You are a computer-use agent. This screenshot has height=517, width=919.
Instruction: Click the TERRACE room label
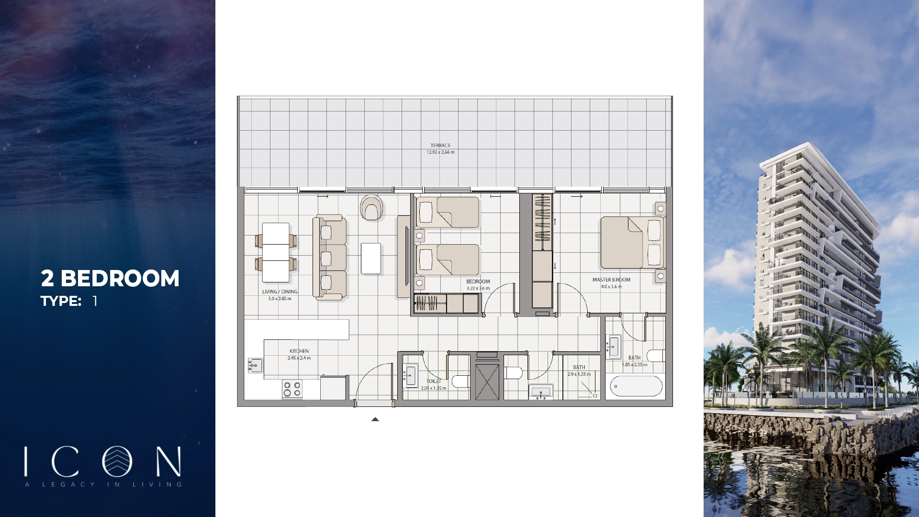click(x=440, y=145)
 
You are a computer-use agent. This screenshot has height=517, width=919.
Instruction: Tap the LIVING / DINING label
click(x=280, y=292)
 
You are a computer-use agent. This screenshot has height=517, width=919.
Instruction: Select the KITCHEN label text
click(x=299, y=351)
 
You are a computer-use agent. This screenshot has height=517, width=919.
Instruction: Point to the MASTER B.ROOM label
click(x=611, y=280)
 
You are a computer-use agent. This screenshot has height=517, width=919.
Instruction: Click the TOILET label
click(x=434, y=382)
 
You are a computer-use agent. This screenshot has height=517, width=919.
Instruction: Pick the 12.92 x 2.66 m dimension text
click(x=440, y=152)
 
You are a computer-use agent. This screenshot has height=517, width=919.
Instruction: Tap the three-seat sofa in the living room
click(x=330, y=257)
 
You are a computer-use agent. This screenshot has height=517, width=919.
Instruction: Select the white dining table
click(x=276, y=252)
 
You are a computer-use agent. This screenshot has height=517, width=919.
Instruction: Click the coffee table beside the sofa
click(x=371, y=258)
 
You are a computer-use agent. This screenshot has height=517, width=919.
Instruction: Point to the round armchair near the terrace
click(x=371, y=208)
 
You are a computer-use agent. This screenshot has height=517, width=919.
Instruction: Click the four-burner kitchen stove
click(x=292, y=389)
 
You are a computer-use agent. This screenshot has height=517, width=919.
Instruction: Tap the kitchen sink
click(x=255, y=366)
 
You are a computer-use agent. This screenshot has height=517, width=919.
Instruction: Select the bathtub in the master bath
click(x=636, y=386)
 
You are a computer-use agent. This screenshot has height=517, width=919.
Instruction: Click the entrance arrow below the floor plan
click(x=375, y=419)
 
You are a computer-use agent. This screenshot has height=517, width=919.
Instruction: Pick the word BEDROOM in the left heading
click(x=120, y=279)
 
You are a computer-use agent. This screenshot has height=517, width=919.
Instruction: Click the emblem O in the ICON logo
click(x=117, y=461)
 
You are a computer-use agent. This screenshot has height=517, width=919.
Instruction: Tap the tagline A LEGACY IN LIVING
click(x=103, y=484)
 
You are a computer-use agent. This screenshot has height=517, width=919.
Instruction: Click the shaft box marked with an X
click(x=487, y=382)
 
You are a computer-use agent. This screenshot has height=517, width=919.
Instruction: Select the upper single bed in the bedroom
click(x=448, y=212)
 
